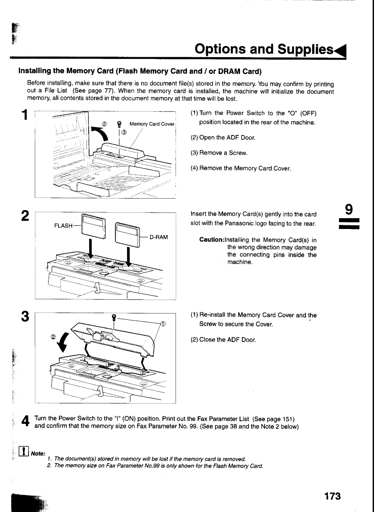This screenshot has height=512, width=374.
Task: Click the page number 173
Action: pyautogui.click(x=332, y=496)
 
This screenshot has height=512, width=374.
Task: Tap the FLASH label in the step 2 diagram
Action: pyautogui.click(x=63, y=226)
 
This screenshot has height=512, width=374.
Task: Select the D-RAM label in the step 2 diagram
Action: pyautogui.click(x=159, y=237)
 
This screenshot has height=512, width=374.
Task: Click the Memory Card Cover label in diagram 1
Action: pyautogui.click(x=152, y=124)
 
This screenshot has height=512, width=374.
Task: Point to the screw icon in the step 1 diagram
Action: pyautogui.click(x=119, y=124)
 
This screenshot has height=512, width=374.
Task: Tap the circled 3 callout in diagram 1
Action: pyautogui.click(x=124, y=132)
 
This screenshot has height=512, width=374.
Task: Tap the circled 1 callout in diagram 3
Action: pyautogui.click(x=163, y=324)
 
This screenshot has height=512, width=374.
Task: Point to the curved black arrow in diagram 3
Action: pyautogui.click(x=64, y=343)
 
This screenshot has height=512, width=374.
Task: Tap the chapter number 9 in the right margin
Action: pyautogui.click(x=349, y=209)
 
